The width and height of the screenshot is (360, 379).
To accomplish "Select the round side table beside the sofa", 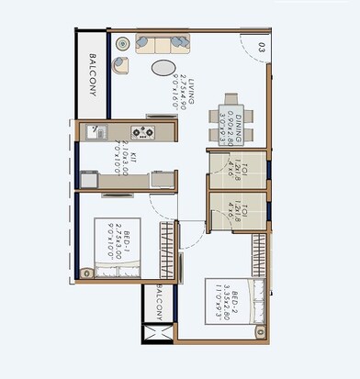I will click(123, 42).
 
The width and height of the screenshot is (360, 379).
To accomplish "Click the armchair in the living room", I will click(121, 64).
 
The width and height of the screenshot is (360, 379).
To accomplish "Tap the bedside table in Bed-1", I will click(85, 270).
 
